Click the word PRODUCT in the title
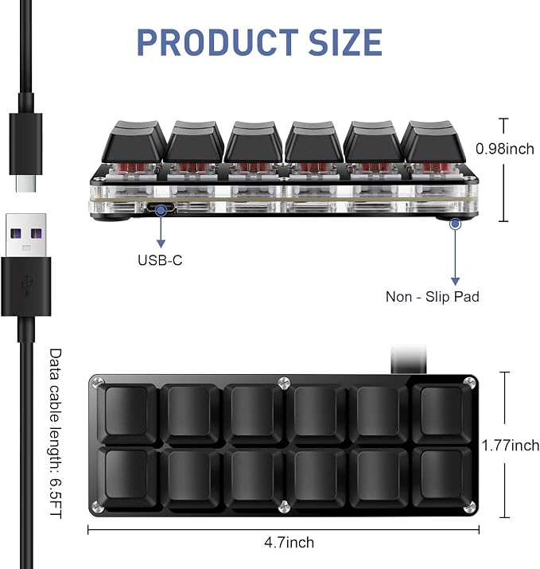point(217,42)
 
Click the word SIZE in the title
point(346,42)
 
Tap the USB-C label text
point(160,260)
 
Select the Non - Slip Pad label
point(433,297)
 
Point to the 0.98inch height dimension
point(505,149)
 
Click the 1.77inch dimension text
point(511,446)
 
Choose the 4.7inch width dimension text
point(289,543)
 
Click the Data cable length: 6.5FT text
point(56,434)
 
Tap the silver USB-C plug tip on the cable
point(25,182)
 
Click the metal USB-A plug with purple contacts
point(26,236)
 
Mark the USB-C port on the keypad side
point(161,209)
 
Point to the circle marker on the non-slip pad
point(456,224)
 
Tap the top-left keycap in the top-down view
point(126,413)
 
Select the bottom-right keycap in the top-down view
point(441,477)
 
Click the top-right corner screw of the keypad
point(470,382)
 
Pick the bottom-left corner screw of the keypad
point(96,506)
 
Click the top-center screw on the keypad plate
point(284,383)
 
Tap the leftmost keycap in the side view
point(134,142)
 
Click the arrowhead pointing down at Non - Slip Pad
point(456,281)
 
